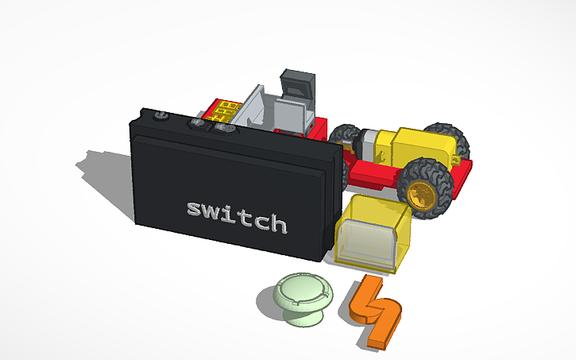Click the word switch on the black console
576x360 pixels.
(x=236, y=215)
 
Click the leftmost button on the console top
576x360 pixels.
(x=160, y=116)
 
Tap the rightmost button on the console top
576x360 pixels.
(x=225, y=128)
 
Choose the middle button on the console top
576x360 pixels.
(x=195, y=123)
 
